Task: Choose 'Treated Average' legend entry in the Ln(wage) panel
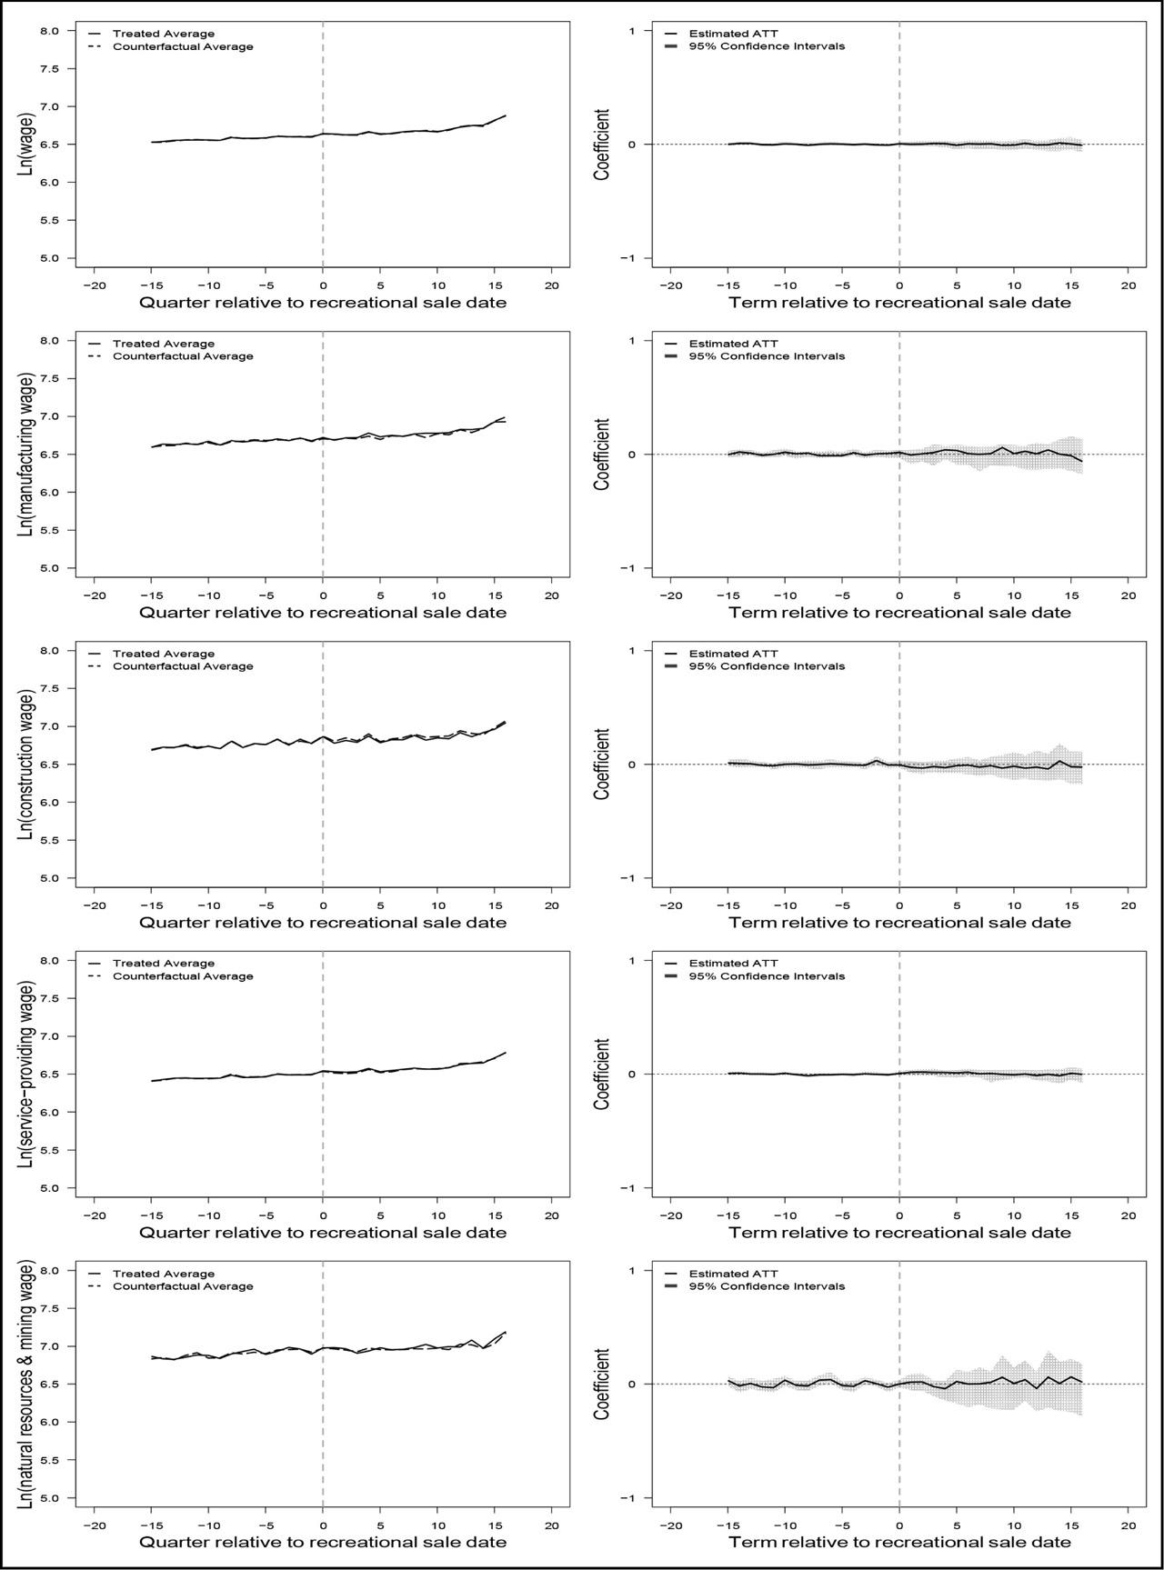[164, 34]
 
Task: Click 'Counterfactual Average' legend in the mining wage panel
[183, 1286]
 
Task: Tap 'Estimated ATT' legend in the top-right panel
[734, 34]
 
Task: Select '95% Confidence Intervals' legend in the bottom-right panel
[767, 1286]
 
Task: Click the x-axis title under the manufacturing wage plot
[323, 613]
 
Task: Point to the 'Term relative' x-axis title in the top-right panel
[899, 303]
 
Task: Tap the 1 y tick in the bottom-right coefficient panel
[631, 1271]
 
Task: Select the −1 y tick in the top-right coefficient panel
[627, 258]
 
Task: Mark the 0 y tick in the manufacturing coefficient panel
[631, 455]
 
